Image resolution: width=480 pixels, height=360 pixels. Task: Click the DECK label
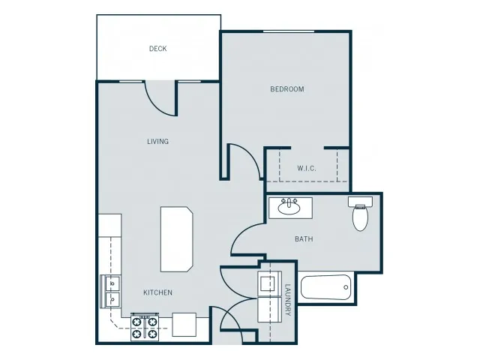(x=157, y=49)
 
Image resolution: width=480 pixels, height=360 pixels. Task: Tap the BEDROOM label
(x=287, y=89)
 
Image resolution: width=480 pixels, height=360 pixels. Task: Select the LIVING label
(x=157, y=142)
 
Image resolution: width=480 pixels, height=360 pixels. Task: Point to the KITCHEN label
(x=157, y=292)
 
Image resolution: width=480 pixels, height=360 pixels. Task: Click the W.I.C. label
(x=307, y=168)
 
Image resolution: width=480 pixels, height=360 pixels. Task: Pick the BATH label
(x=304, y=238)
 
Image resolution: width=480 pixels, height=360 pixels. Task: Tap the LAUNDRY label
(x=288, y=300)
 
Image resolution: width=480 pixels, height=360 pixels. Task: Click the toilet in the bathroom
(x=360, y=214)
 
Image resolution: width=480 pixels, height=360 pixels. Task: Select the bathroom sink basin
(x=289, y=208)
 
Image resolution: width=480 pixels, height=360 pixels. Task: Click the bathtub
(x=325, y=287)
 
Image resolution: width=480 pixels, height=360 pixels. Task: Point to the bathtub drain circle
(x=346, y=287)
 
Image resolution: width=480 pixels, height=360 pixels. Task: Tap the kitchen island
(x=177, y=239)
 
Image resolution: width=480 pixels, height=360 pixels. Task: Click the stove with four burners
(x=145, y=328)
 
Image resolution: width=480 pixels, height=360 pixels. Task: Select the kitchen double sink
(x=110, y=291)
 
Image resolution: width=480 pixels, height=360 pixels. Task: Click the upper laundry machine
(x=269, y=283)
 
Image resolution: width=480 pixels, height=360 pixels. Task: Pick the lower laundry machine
(x=269, y=310)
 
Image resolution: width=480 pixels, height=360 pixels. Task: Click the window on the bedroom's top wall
(x=289, y=31)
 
